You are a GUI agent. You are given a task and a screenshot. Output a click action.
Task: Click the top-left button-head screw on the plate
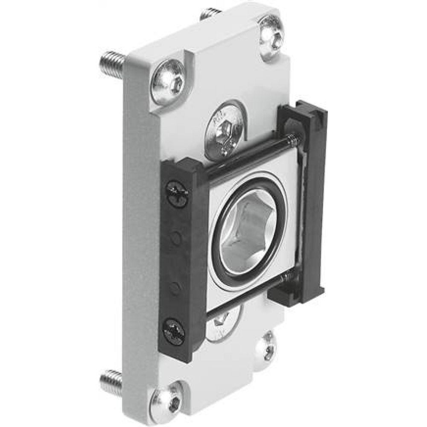click(170, 82)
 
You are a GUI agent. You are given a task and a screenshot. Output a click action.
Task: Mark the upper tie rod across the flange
click(248, 154)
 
